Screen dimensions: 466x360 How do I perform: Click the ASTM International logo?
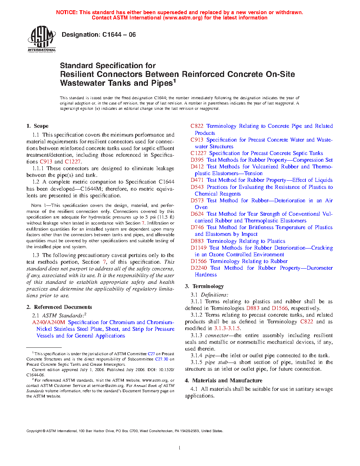(x=42, y=39)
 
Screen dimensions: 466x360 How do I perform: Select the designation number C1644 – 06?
(x=119, y=35)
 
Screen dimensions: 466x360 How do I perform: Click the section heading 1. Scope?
(x=37, y=126)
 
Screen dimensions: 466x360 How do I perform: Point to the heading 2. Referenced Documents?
(x=59, y=307)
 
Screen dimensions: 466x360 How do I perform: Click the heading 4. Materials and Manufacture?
(x=223, y=381)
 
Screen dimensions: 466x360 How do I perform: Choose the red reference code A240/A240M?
(x=49, y=322)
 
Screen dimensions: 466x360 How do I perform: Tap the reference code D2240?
(x=199, y=268)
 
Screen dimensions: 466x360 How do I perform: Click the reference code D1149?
(x=198, y=248)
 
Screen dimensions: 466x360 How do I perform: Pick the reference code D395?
(x=197, y=160)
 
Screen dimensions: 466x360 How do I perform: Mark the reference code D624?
(x=197, y=214)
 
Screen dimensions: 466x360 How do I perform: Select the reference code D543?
(x=197, y=187)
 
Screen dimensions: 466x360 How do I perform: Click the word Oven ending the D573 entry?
(x=201, y=207)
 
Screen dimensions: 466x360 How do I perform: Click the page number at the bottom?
(x=180, y=448)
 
